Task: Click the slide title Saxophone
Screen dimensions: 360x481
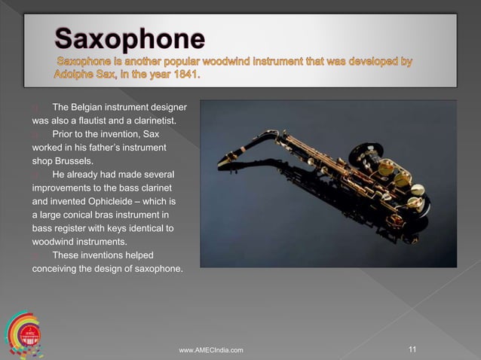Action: tap(129, 38)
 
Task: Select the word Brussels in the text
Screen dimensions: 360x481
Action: tap(72, 160)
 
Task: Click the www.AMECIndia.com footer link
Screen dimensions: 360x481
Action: tap(210, 350)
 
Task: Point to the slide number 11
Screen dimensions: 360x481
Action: tap(412, 349)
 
